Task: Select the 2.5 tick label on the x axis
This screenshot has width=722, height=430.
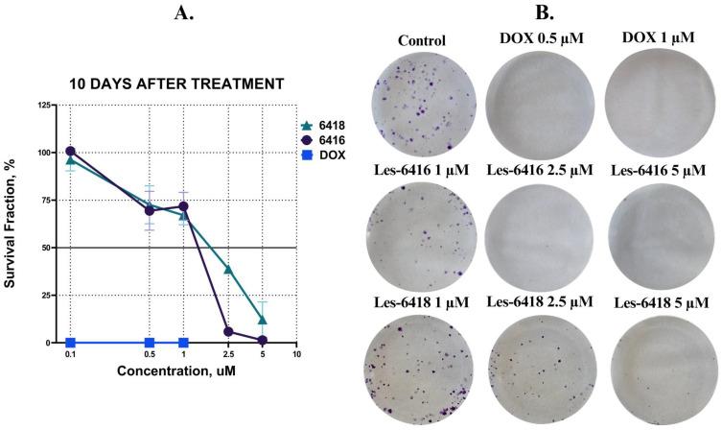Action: click(228, 355)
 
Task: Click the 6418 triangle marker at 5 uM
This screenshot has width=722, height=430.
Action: click(262, 320)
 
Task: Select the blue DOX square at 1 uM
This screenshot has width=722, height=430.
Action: click(183, 343)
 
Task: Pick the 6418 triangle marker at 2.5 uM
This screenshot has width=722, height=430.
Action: click(228, 270)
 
